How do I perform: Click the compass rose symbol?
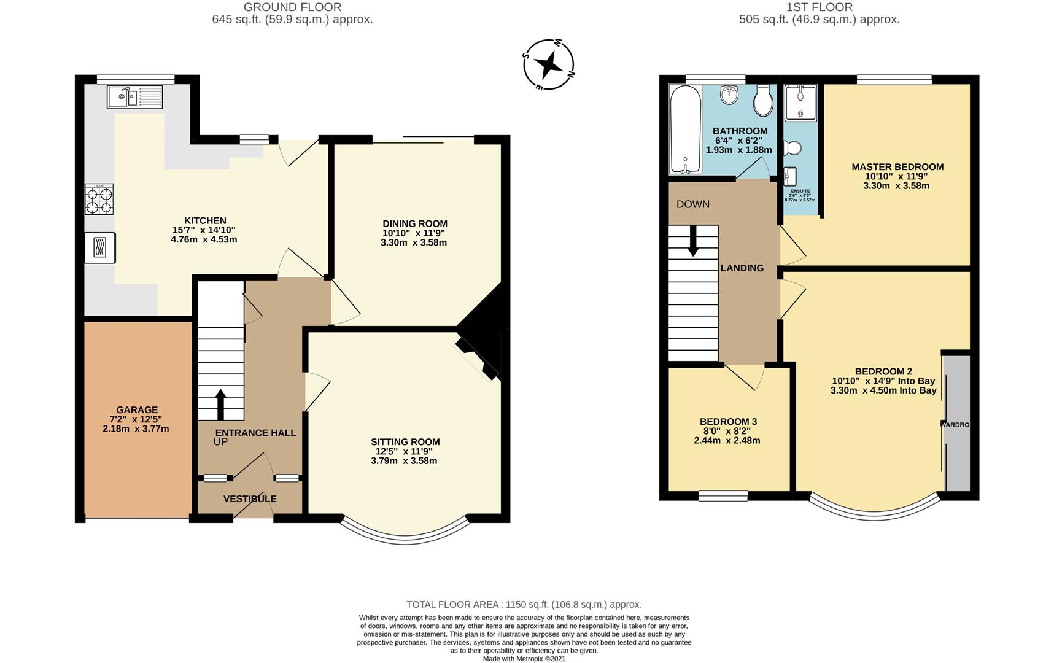[548, 64]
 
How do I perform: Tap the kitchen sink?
[134, 96]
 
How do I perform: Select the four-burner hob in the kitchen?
[99, 200]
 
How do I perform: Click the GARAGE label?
[137, 410]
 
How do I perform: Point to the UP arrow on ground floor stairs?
[220, 403]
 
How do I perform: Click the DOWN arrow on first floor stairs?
[693, 241]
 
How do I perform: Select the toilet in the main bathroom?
[763, 101]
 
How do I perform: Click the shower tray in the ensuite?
[800, 102]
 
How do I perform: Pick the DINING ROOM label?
[414, 224]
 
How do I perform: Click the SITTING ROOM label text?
[405, 442]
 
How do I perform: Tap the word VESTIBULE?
[249, 499]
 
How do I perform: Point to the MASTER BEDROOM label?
[897, 167]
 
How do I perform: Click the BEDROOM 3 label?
[728, 422]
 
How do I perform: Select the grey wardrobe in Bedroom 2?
[957, 424]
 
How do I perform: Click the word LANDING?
[742, 268]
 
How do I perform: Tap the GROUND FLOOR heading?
[292, 7]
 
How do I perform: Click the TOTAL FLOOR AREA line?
[524, 605]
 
